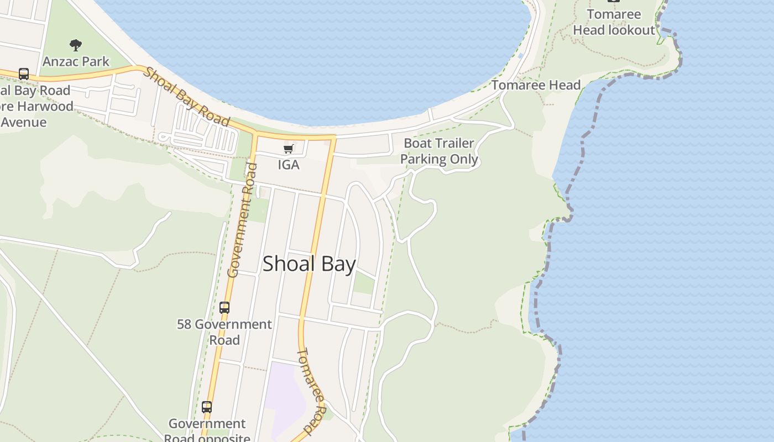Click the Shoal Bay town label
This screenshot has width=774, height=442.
(308, 264)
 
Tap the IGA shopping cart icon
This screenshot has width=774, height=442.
(288, 149)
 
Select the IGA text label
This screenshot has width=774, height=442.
(289, 165)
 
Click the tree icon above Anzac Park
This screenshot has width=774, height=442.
(76, 45)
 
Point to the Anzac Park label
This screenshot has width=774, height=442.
(76, 61)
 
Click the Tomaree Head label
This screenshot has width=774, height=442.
(536, 85)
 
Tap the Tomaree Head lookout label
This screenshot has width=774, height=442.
(614, 22)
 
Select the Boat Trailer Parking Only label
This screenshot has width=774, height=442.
(439, 151)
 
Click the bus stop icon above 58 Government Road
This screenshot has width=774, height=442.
(224, 307)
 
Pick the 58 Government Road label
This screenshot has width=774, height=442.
(224, 331)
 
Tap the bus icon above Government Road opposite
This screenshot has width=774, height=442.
(207, 407)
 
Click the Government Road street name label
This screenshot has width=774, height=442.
(242, 221)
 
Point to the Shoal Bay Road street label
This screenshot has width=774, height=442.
(187, 97)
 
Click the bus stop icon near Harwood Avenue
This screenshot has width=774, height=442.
(24, 73)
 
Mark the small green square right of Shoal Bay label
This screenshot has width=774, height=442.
(364, 283)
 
